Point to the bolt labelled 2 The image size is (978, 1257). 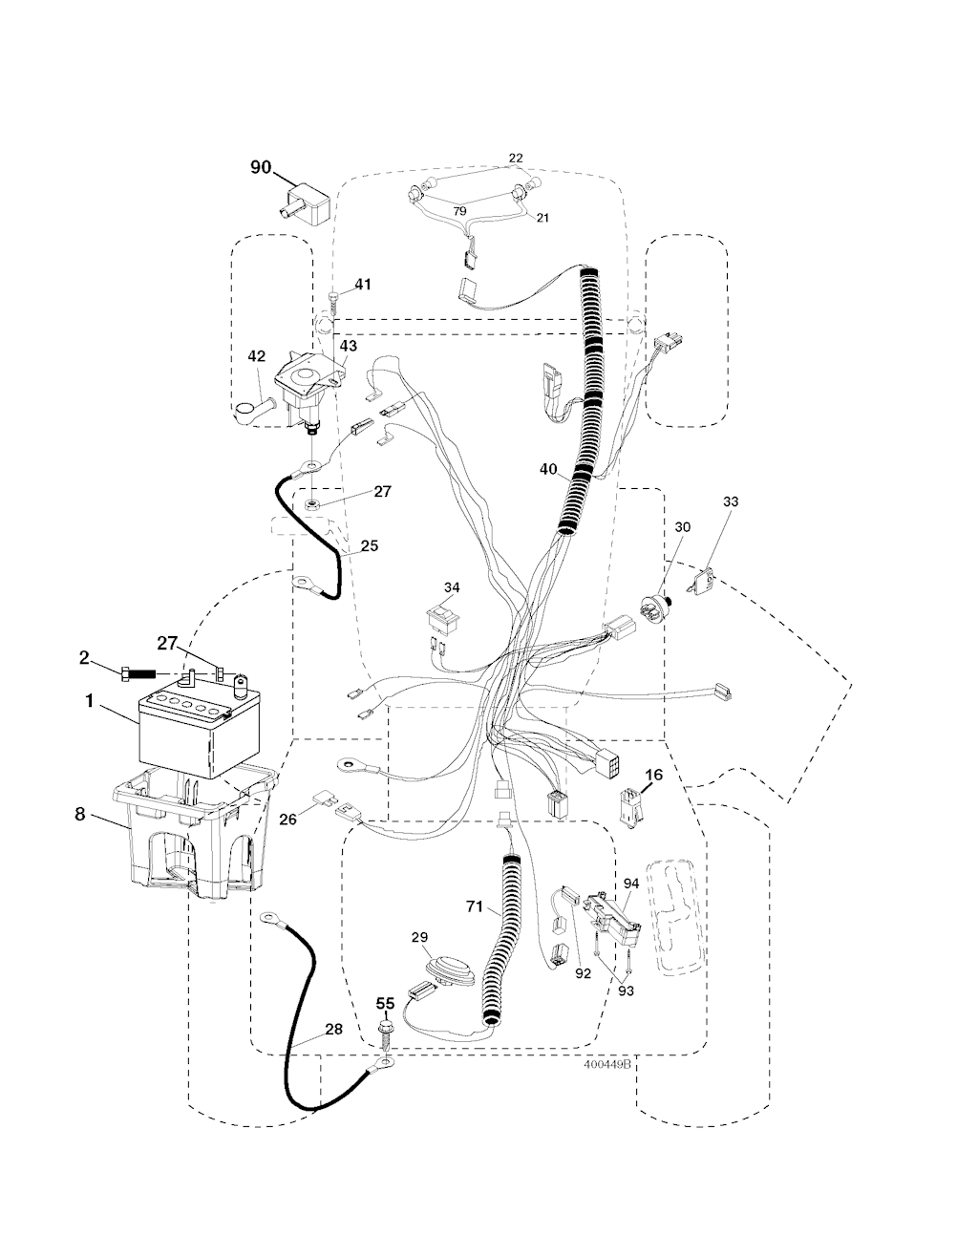[134, 674]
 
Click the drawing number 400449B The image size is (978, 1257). [607, 1067]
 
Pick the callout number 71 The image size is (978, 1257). [474, 906]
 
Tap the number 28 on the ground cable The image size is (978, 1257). [332, 1029]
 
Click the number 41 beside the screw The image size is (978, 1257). [363, 284]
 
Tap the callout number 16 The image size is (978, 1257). [653, 777]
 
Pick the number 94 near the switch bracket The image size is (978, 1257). [630, 885]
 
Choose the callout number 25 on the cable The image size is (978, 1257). [369, 545]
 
